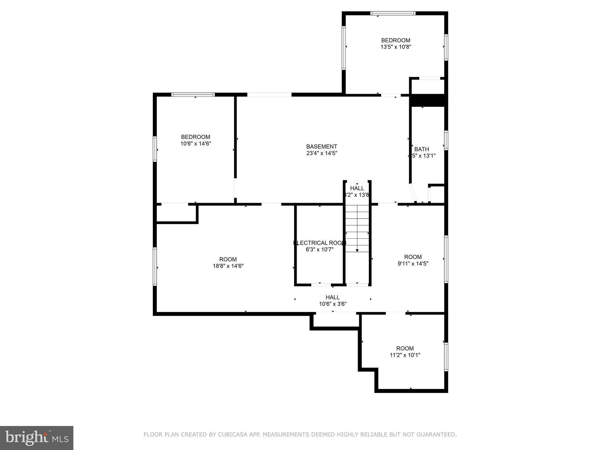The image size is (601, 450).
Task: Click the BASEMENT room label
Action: click(x=322, y=146)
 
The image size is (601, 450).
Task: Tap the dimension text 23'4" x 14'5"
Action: click(x=322, y=153)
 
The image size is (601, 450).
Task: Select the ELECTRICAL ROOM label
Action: click(x=320, y=243)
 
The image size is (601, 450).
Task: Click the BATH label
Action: click(x=421, y=149)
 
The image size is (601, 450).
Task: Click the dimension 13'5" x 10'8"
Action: click(x=396, y=47)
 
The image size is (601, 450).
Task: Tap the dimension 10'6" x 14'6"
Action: click(x=196, y=144)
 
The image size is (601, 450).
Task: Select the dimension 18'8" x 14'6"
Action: click(x=228, y=266)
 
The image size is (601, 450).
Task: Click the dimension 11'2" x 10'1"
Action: click(x=405, y=355)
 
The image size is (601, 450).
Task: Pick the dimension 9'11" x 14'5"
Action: click(x=413, y=263)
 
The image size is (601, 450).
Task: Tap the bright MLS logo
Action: click(x=37, y=438)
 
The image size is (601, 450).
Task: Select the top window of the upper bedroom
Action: click(x=393, y=13)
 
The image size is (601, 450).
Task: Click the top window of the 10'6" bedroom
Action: click(x=193, y=95)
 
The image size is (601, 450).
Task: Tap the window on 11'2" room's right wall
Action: click(x=446, y=357)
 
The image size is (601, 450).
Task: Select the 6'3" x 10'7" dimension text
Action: click(x=320, y=250)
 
